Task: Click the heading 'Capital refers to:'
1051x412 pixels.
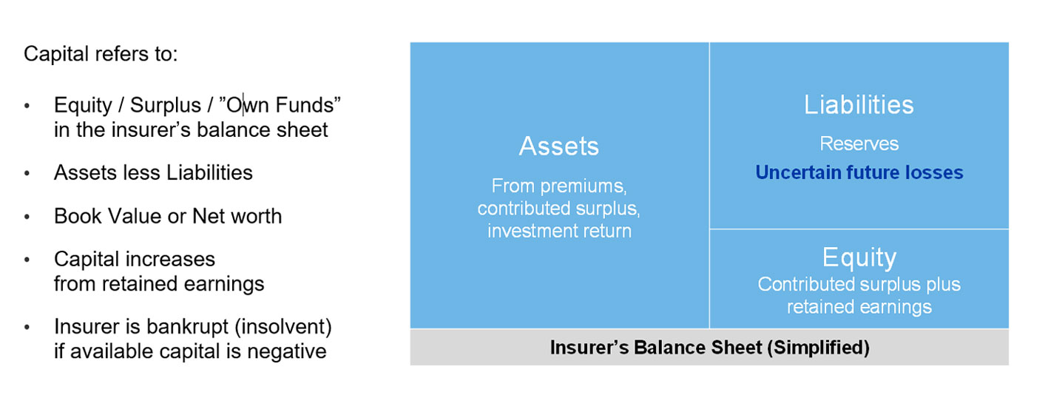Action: click(101, 54)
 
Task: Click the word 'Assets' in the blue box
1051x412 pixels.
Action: click(559, 146)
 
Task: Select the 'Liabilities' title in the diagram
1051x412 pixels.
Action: click(859, 104)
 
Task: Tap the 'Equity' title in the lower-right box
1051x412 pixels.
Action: click(859, 257)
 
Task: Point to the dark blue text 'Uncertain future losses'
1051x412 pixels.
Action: click(859, 172)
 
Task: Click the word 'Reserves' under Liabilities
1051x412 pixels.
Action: click(859, 143)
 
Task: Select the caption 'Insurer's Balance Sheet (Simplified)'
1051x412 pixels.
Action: click(709, 348)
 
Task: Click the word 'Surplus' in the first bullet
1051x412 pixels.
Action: click(165, 105)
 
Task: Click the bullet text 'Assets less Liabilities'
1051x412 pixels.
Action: click(153, 172)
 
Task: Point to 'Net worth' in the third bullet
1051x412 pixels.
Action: click(237, 216)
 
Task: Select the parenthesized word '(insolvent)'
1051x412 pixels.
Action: click(283, 327)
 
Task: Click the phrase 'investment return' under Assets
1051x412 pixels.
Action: click(559, 231)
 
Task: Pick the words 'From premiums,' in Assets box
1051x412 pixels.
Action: click(559, 186)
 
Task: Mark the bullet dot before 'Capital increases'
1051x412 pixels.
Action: click(27, 260)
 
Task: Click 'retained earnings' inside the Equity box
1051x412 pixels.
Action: click(859, 307)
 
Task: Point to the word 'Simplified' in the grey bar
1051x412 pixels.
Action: click(818, 348)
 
